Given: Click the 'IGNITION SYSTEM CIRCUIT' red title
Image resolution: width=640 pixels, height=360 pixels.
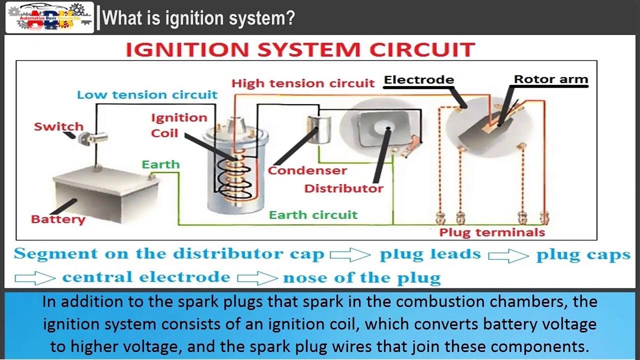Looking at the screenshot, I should coord(300,50).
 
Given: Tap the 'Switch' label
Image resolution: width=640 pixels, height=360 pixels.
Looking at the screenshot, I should coord(58,126).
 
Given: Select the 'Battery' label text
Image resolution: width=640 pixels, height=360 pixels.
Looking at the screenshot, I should coord(58,219).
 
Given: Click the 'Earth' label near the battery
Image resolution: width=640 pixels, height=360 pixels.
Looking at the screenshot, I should coord(160,164).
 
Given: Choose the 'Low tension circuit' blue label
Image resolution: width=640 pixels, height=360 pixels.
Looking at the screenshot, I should coord(147,95).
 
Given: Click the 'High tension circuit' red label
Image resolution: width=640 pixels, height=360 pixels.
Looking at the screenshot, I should coord(303,83).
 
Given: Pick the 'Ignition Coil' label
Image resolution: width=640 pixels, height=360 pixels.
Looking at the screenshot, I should coord(178,125).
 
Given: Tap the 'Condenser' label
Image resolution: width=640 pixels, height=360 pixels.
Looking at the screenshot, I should coord(307,170).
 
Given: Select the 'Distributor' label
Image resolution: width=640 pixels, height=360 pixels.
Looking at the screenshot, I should coord(343,188).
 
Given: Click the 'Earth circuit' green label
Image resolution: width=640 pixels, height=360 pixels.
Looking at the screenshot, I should coord(313,215).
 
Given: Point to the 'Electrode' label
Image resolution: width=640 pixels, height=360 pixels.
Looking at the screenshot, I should coord(419,80).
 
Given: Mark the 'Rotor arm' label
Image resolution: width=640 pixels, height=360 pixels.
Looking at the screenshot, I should coord(551,79).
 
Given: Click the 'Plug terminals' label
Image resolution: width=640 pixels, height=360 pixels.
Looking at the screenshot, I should coord(492,232).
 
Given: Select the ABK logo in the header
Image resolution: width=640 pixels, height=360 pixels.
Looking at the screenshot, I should coord(49,17).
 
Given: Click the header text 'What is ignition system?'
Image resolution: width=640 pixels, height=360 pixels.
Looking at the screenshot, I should coord(198,18).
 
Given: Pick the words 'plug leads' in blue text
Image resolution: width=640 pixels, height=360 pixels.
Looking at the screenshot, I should coord(430,254).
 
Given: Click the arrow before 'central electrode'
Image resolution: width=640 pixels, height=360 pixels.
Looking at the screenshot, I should coord(35,277).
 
